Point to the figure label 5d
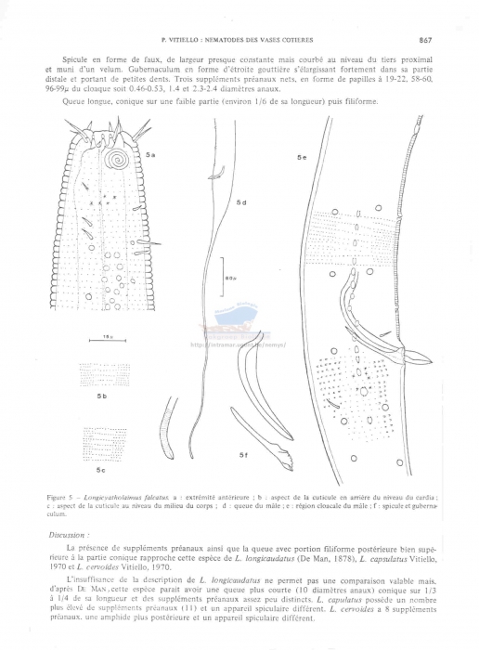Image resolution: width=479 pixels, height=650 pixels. coord(240,202)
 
